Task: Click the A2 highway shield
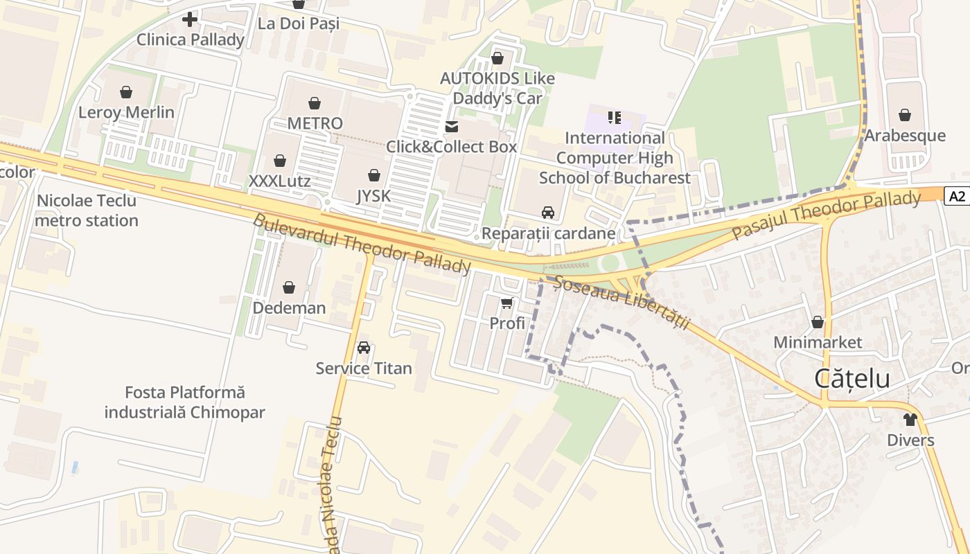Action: coord(957,197)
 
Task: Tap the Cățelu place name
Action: coord(852,379)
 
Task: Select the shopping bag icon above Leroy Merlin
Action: coord(126,92)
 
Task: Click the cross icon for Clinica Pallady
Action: coord(190,19)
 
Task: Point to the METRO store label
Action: coord(315,123)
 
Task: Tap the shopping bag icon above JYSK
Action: coord(374,175)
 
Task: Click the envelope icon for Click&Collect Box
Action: coord(452,127)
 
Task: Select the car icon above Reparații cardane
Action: coord(548,213)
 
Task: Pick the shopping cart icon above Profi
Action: coord(507,303)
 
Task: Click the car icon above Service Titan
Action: coord(364,348)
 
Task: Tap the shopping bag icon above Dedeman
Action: coord(289,287)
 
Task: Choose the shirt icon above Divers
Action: coord(910,420)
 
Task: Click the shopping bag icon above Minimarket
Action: coord(818,322)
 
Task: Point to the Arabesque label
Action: coord(904,136)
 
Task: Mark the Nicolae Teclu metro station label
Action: coord(87,211)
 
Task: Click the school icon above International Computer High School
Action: coord(615,118)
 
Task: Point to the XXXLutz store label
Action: coord(279,181)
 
